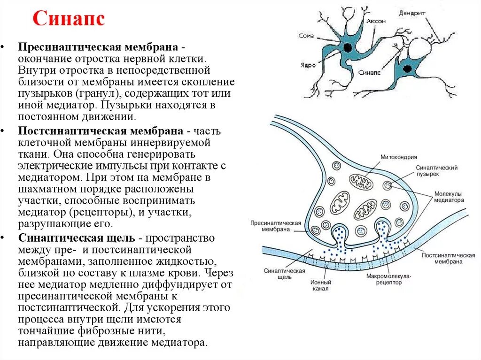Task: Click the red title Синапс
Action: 69,20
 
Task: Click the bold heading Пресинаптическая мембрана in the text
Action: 97,48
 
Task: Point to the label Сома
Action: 306,36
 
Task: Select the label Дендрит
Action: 413,13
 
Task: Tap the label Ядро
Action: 307,65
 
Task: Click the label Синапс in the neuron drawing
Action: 368,73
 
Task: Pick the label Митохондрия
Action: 399,157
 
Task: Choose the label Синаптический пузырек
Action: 436,171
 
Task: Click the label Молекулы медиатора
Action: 449,197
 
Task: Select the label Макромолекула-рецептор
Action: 388,280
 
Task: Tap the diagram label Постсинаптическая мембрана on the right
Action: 448,259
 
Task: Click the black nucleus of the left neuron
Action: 348,47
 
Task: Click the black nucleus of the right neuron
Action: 406,69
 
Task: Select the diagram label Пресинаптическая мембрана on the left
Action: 275,226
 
